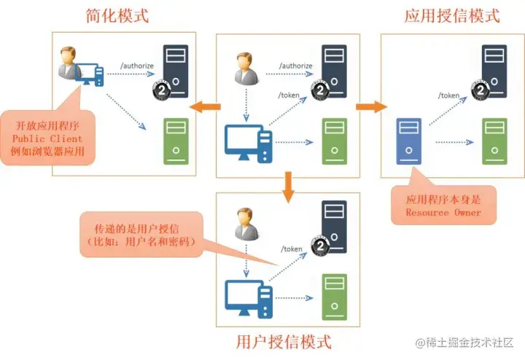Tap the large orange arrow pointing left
(205, 107)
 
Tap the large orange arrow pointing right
(370, 107)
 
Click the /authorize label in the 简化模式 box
(137, 66)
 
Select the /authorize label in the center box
(295, 66)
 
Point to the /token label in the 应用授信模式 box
(448, 95)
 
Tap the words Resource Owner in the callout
(443, 212)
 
